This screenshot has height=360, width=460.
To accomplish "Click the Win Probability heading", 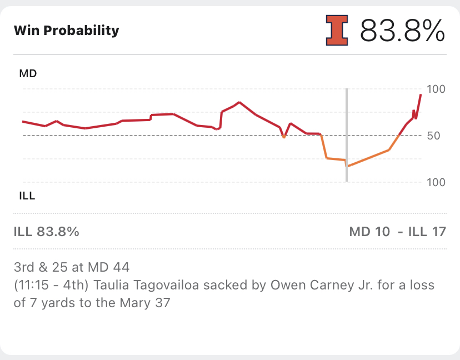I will click(x=66, y=30).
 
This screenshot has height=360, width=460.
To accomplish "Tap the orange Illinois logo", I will click(x=337, y=30).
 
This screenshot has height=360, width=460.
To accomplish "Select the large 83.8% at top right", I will click(x=402, y=31).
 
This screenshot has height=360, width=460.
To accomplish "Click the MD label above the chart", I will click(x=28, y=73).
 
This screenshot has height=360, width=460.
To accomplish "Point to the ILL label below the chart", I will click(x=27, y=196).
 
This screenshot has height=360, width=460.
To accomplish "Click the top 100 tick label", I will click(x=436, y=89).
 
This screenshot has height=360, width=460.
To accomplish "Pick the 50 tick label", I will click(x=433, y=136).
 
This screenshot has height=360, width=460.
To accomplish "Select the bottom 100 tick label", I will click(x=436, y=182).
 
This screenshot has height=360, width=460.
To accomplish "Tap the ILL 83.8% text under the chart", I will click(x=46, y=232).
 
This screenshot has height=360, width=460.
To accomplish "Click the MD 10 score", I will click(x=369, y=232).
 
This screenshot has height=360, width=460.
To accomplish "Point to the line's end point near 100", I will click(x=421, y=95).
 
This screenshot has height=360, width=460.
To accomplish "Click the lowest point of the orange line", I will click(x=347, y=166).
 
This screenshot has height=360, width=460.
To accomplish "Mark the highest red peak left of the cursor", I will click(x=239, y=102).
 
